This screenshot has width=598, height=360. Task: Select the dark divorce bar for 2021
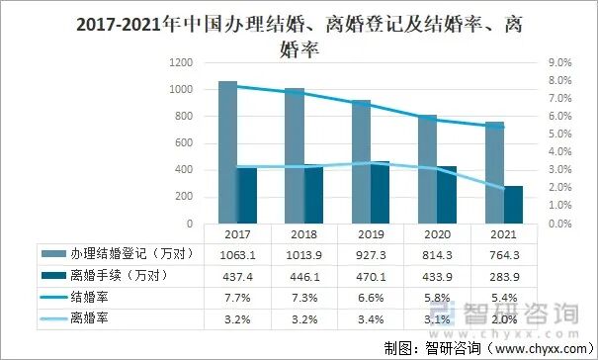click(x=513, y=204)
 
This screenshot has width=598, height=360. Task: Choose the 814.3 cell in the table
click(x=437, y=254)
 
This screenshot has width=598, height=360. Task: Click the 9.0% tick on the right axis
click(x=558, y=62)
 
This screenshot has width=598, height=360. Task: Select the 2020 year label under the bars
click(x=437, y=235)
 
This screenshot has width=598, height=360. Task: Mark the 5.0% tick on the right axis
click(x=558, y=134)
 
